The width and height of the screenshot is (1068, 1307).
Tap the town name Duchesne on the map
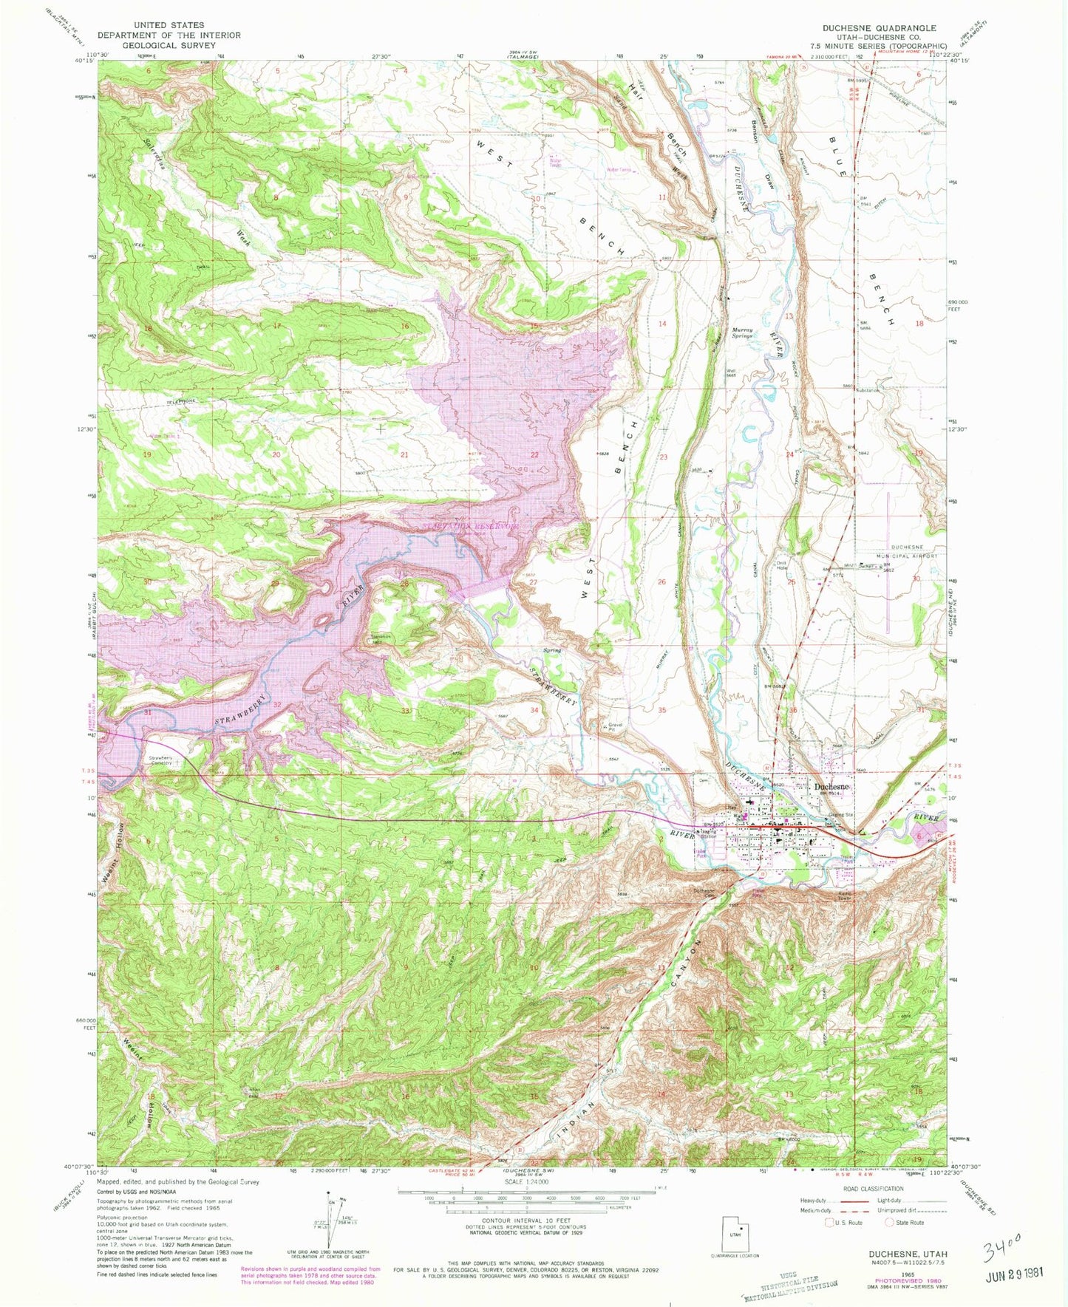832,787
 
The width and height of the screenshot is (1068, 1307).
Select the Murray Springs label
742,332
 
